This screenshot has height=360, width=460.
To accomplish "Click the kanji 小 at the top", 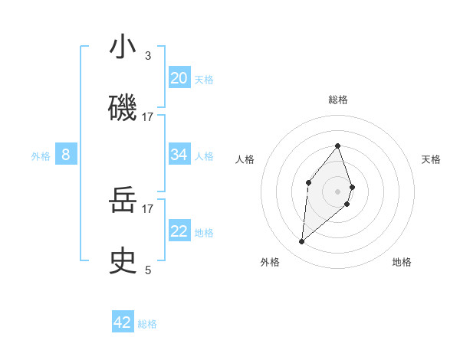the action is pos(123,47).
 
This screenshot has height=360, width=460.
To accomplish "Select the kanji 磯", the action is pos(123,107).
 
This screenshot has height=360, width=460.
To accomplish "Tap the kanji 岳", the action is pos(123,201).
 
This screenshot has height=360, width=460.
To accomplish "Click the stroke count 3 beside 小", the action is pos(148,56).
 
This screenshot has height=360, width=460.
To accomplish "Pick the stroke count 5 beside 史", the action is pos(148,270).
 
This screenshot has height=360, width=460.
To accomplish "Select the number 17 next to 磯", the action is pos(148,116).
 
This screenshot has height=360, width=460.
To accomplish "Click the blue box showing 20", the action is pos(179,78).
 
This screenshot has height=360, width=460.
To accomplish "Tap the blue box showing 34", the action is pos(179,155).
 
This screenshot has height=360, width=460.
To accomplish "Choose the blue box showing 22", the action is pos(179,231).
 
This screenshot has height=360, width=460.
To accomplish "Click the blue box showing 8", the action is pos(66,155).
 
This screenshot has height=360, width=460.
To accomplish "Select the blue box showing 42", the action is pos(123,322).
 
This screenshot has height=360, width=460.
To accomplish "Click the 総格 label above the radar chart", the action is pos(338,100).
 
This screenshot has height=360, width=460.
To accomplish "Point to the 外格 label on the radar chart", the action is pos(270,262).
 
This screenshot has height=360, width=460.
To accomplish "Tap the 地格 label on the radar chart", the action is pos(402,262).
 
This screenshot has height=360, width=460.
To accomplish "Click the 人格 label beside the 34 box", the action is pos(204,155).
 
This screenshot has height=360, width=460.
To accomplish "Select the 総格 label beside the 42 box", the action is pos(147,324).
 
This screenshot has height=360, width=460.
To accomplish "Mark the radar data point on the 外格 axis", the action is pos(302,242).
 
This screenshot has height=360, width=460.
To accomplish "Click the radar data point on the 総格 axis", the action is pos(337,146).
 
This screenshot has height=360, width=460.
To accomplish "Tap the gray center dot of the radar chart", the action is pos(337,191).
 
